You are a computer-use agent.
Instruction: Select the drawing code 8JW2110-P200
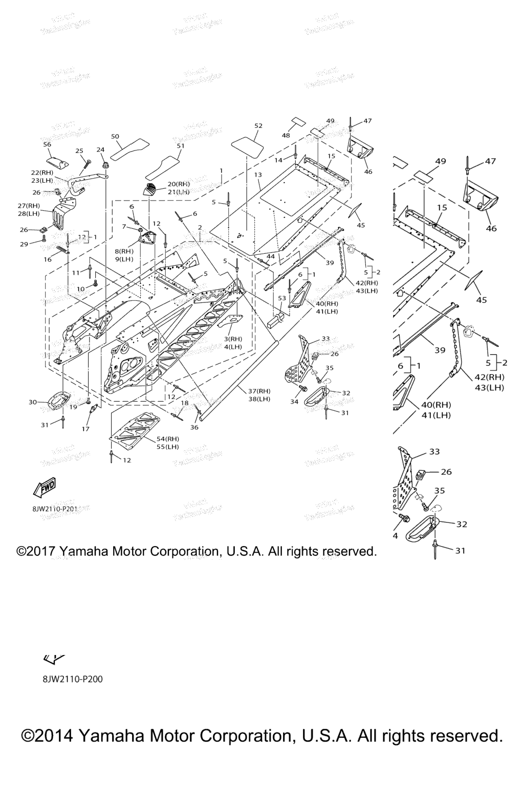coord(73,680)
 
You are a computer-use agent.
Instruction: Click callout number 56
coord(47,145)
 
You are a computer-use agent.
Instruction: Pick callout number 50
coord(115,136)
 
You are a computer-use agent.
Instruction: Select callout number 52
coord(258,126)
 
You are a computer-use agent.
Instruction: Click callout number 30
coord(33,402)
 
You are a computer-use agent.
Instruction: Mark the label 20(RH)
coord(179,184)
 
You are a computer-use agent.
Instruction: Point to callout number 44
coord(270,256)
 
